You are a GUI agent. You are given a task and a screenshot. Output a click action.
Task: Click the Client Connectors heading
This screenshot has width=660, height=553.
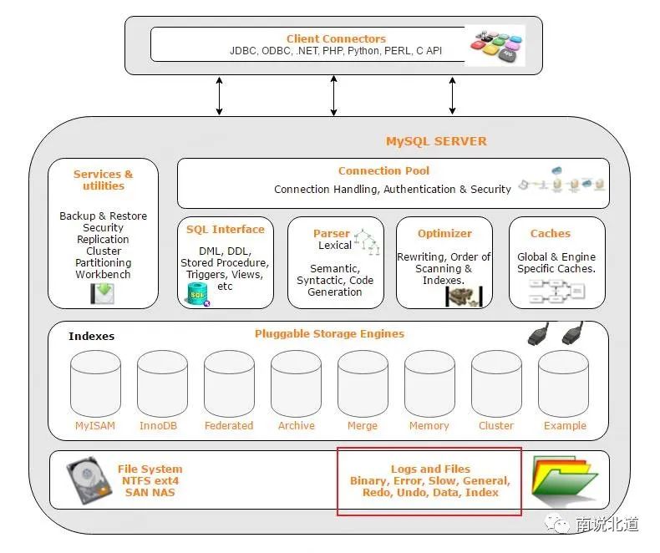click(336, 38)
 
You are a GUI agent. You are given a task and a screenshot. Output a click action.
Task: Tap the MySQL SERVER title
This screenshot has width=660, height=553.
click(436, 141)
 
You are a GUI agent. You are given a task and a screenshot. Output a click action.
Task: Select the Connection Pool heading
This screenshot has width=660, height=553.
click(383, 170)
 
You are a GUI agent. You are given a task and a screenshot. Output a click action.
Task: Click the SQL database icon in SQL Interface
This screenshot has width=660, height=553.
click(198, 294)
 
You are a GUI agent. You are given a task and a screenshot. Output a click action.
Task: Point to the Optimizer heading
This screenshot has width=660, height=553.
click(444, 233)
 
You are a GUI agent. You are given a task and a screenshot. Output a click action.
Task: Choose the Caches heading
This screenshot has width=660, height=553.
click(551, 233)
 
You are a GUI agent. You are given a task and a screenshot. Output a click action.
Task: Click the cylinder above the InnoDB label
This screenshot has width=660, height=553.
click(162, 383)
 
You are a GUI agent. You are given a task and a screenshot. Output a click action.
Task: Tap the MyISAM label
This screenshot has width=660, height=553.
click(95, 425)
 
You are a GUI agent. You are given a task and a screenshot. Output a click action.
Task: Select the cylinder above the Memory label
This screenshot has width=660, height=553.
click(429, 383)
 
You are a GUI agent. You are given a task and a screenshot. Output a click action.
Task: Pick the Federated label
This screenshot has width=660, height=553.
click(229, 425)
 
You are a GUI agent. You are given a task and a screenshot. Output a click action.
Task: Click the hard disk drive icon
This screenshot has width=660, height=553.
click(89, 479)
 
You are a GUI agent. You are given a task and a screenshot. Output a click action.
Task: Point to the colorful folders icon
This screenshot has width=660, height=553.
click(564, 481)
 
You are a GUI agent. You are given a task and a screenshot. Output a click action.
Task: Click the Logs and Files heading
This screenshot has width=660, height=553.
click(430, 469)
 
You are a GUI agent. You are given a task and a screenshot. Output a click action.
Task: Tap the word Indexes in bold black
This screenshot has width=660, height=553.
click(91, 336)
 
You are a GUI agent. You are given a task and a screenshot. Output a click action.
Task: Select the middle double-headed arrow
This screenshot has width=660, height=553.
click(334, 95)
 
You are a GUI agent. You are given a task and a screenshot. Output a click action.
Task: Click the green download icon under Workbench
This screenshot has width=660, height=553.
click(102, 293)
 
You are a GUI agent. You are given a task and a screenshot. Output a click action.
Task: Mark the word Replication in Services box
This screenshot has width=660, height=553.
click(103, 239)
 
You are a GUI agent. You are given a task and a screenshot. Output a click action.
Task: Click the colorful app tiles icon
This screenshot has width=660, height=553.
click(497, 46)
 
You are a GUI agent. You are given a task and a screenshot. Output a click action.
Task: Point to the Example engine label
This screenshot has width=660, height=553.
click(565, 425)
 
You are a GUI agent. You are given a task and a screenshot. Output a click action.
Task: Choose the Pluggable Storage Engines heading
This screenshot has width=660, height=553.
click(329, 334)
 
